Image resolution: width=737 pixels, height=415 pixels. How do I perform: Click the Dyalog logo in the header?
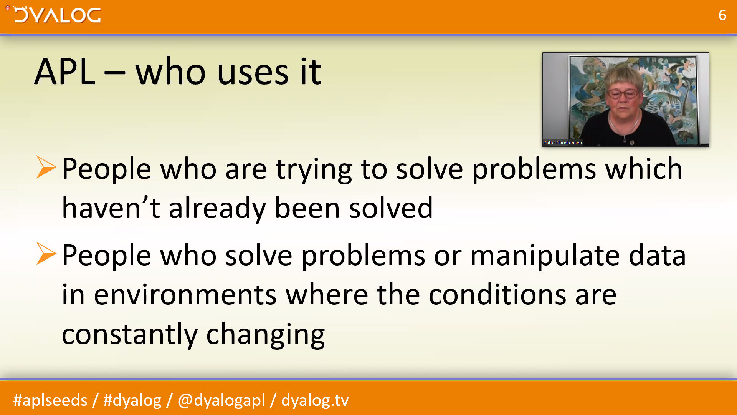58,15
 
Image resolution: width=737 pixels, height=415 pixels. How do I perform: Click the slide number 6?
722,15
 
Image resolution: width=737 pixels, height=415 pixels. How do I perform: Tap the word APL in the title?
65,71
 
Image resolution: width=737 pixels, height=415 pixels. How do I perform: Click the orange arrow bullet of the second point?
46,254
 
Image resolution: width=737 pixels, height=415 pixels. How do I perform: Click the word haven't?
111,208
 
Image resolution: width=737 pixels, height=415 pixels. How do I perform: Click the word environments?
185,295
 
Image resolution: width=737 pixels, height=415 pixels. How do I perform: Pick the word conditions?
497,294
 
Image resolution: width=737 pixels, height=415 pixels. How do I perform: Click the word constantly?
130,335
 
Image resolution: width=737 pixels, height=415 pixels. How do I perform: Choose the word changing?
266,335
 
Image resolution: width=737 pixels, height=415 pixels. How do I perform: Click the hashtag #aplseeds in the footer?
50,400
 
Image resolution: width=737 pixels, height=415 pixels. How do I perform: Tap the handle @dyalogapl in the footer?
221,400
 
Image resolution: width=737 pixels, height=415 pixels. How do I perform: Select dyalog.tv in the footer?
315,400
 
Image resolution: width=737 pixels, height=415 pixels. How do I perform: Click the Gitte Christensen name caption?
563,143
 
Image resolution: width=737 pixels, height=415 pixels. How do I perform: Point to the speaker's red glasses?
623,93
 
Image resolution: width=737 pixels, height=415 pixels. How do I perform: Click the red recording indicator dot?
7,8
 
